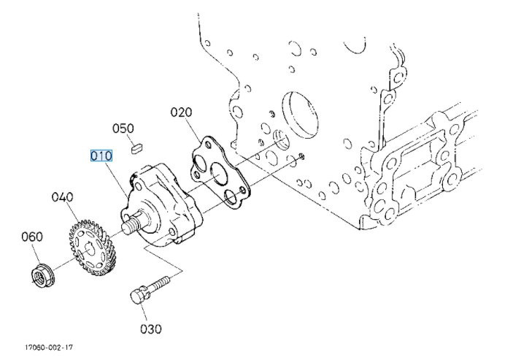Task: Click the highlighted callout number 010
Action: (x=101, y=156)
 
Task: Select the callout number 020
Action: (x=181, y=112)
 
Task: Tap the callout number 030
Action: (x=151, y=329)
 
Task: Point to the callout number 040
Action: (x=63, y=197)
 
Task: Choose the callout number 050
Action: (x=123, y=129)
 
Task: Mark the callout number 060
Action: (x=32, y=237)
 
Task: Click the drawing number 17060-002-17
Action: (x=49, y=348)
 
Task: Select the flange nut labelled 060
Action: (x=44, y=276)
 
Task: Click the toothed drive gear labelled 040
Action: (x=90, y=248)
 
